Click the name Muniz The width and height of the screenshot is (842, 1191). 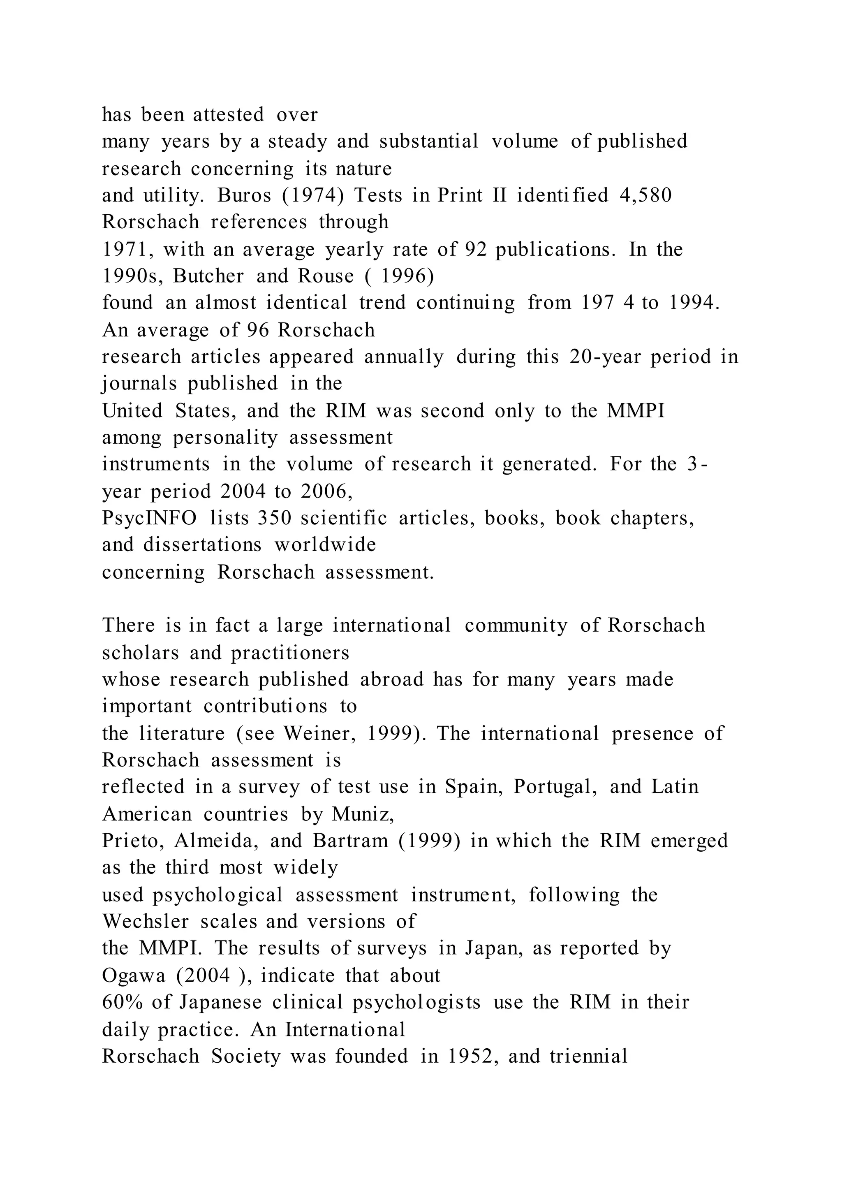(x=362, y=814)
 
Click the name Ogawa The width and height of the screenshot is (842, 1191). (x=133, y=975)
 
